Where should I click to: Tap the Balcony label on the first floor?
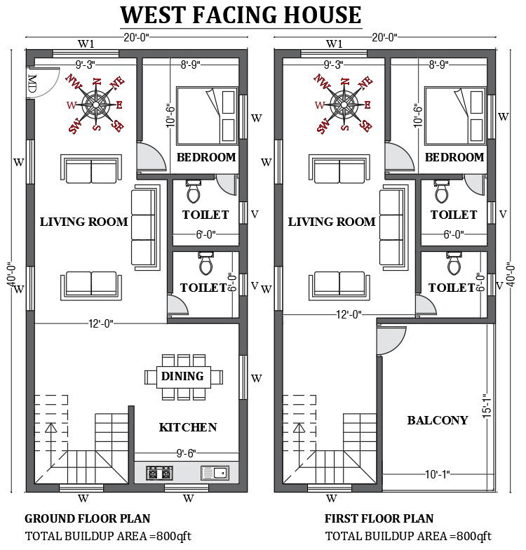(438, 420)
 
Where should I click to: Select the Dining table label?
(182, 377)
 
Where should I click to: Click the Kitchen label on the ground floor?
(187, 427)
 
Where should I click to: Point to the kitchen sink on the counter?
(215, 473)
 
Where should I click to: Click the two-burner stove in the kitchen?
(159, 474)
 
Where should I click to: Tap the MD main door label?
(32, 83)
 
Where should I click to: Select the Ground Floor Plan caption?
(88, 519)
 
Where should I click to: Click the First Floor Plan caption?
(379, 519)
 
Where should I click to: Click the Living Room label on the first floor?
(332, 222)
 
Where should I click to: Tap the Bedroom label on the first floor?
(454, 157)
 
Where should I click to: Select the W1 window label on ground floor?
(86, 43)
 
